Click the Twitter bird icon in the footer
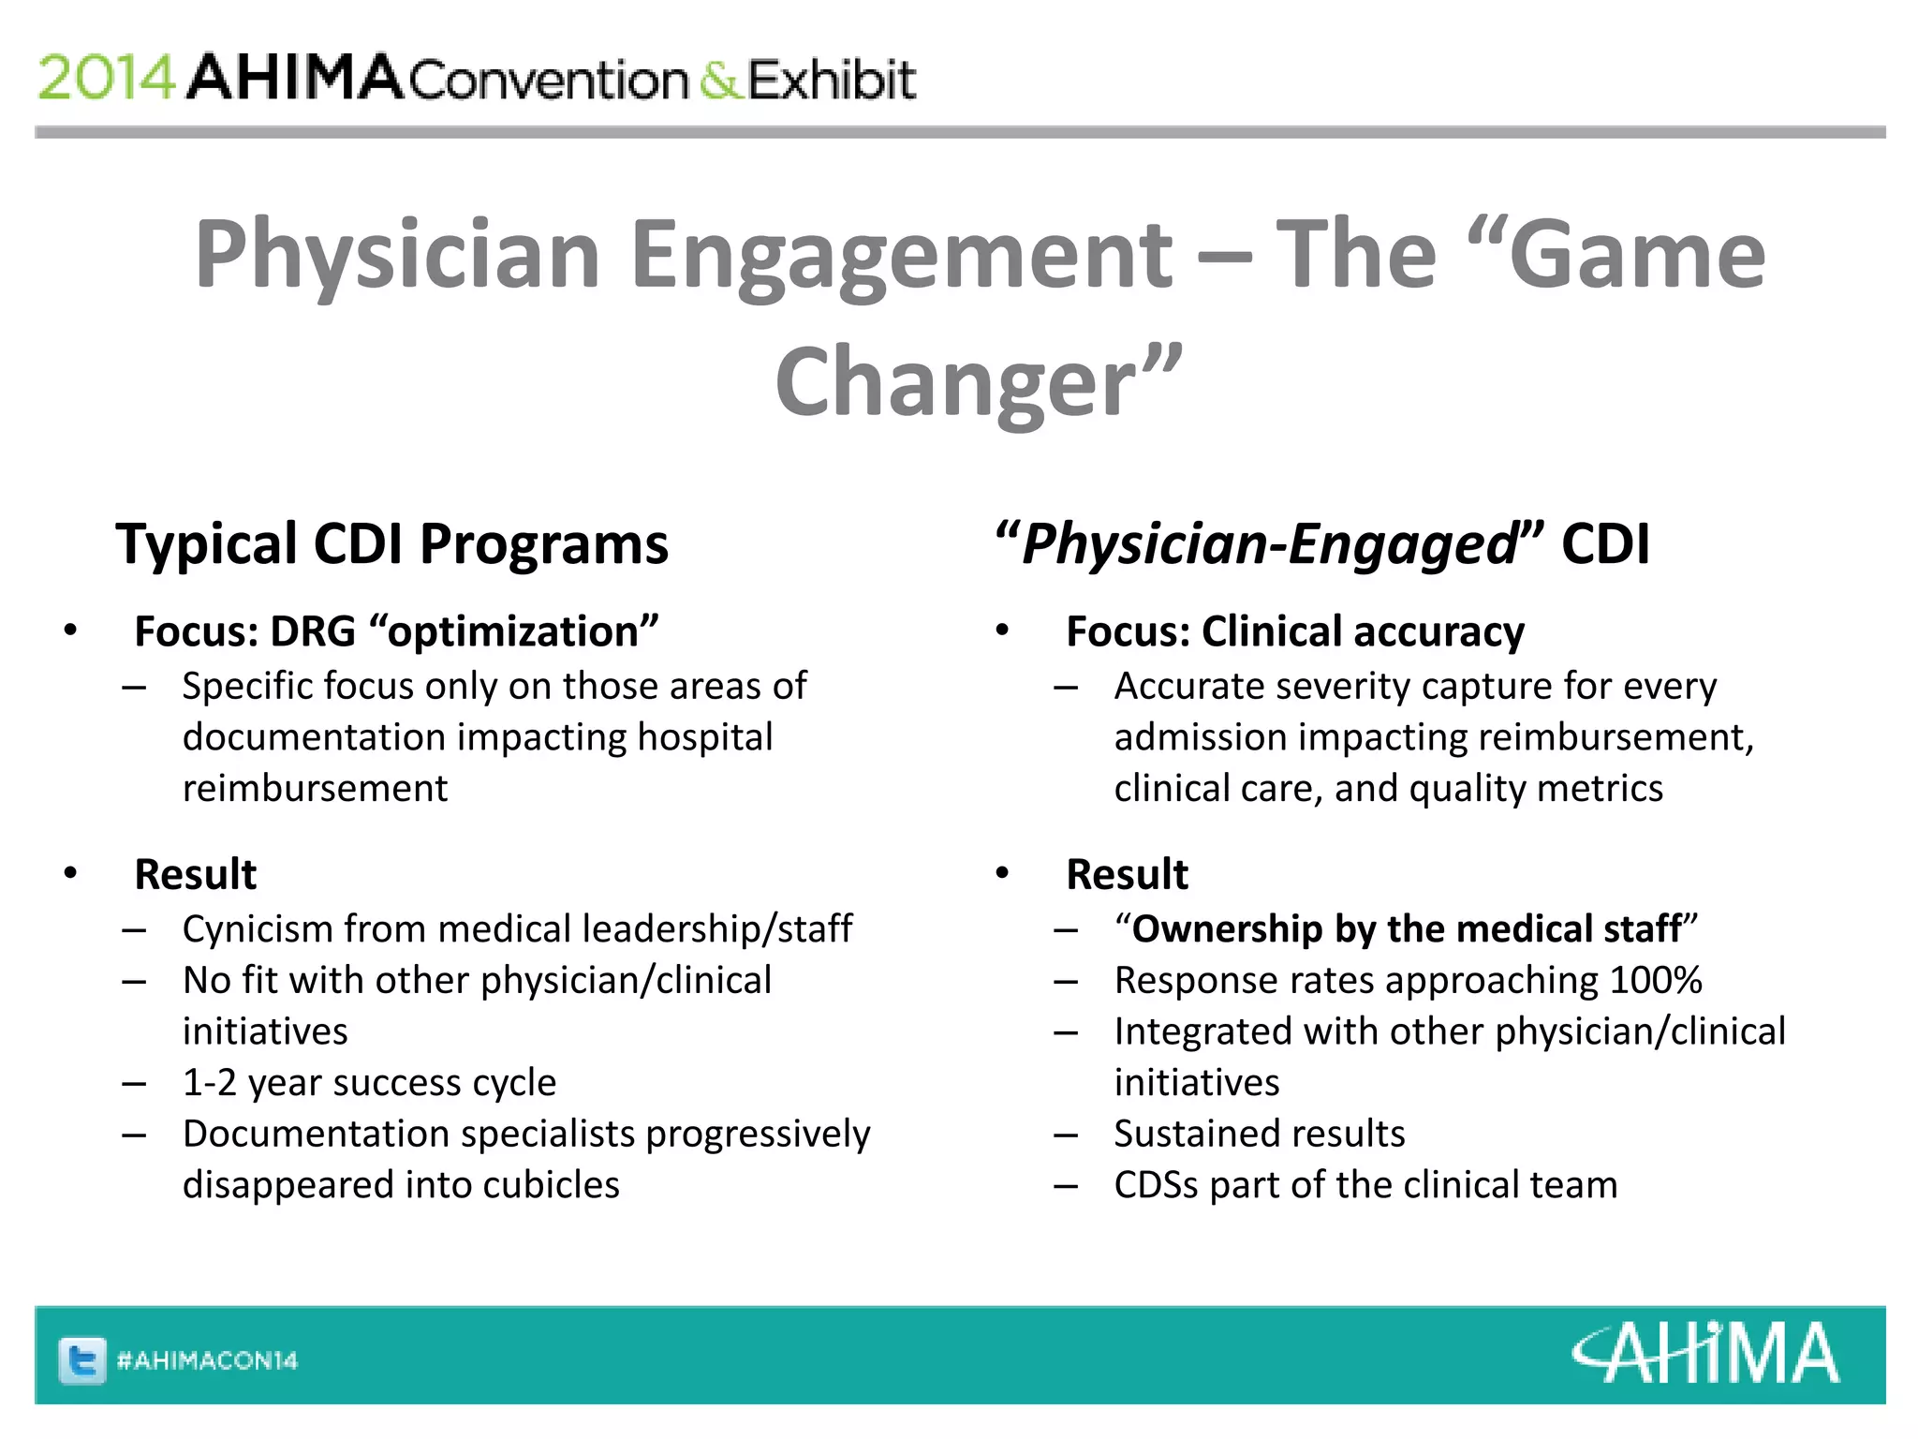[82, 1360]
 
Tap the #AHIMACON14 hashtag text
[207, 1360]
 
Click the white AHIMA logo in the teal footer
[1705, 1354]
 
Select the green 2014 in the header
[106, 78]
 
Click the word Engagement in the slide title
[901, 255]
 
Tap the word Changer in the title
[955, 382]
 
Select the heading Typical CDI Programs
[391, 544]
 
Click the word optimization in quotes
[514, 632]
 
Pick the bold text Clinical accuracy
[1363, 632]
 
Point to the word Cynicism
[258, 929]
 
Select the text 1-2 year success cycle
[369, 1083]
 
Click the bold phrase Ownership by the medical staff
[1406, 929]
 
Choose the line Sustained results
[1260, 1134]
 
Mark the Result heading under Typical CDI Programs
[195, 875]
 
